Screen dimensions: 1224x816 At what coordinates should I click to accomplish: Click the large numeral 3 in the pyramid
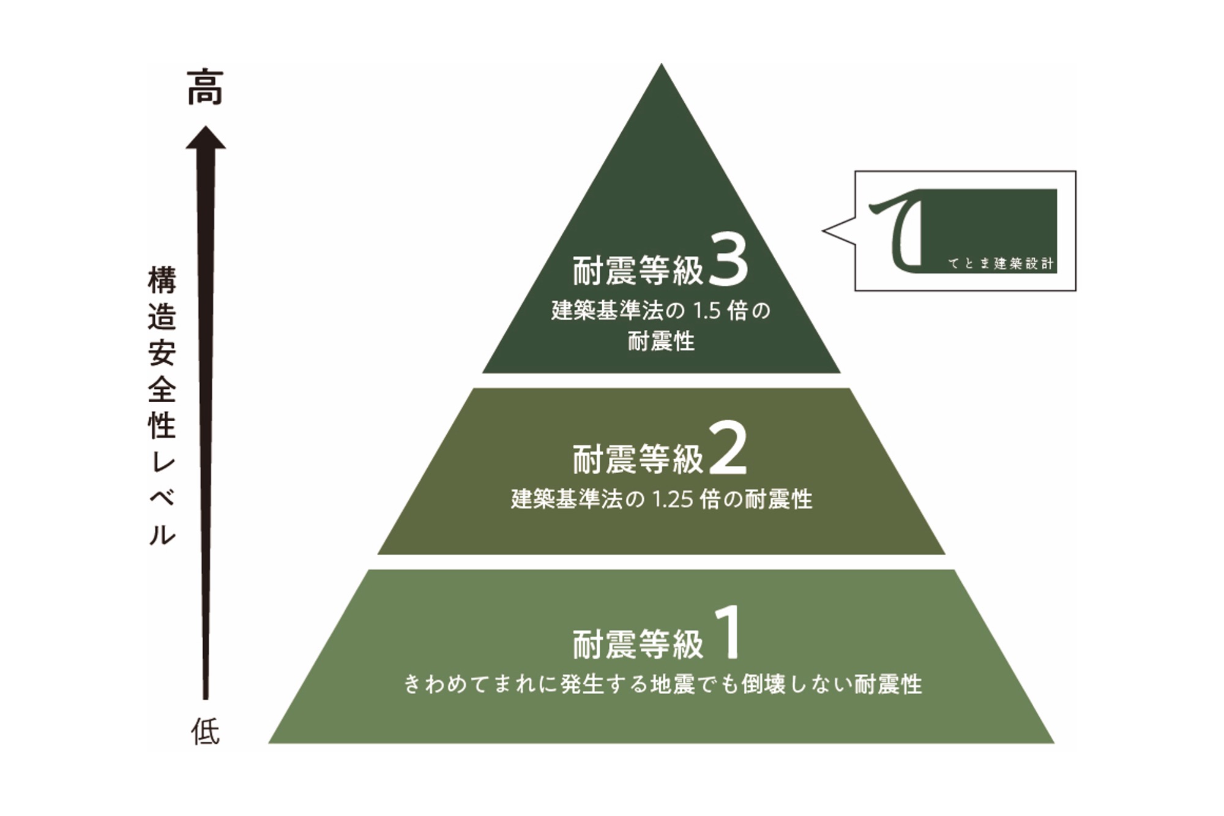click(x=728, y=261)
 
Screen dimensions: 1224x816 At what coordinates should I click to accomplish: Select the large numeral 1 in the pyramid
click(x=730, y=633)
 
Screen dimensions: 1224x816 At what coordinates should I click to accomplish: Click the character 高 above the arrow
click(x=206, y=88)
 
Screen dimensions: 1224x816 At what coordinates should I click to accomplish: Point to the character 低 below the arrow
click(x=206, y=732)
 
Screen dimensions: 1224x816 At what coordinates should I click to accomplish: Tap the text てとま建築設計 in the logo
click(x=1001, y=264)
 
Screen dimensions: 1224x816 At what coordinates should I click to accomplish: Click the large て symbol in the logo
click(x=897, y=230)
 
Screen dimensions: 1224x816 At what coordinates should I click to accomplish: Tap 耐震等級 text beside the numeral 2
click(x=638, y=459)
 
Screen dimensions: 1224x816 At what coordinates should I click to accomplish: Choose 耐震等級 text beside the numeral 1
click(x=638, y=645)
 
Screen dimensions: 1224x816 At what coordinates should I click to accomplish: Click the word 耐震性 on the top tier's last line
click(x=661, y=342)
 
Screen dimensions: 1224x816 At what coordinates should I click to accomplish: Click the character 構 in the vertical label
click(x=162, y=280)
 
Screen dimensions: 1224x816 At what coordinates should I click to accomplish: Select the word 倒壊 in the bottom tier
click(x=763, y=684)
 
